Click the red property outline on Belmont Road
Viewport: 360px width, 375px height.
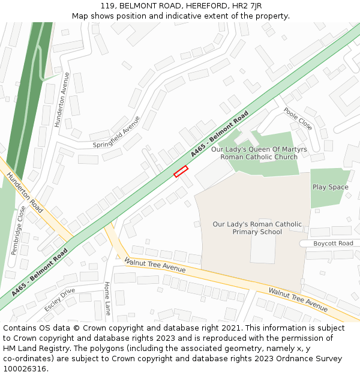tap(181, 172)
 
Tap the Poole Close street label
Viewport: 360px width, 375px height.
tap(298, 119)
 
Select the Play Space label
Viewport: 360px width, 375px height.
tap(330, 187)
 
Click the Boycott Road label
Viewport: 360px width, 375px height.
tap(334, 243)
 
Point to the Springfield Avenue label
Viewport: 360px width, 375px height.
tap(116, 132)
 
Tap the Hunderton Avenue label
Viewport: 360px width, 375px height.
tap(62, 100)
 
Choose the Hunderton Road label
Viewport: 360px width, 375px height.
tap(25, 193)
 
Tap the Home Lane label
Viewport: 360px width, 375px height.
tap(107, 298)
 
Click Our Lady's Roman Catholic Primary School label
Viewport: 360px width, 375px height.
tap(257, 228)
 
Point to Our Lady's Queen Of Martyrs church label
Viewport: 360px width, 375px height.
tap(259, 153)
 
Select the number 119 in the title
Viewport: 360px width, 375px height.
tap(109, 5)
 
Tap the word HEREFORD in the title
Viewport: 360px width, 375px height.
tap(200, 5)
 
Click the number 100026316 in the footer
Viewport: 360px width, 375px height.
tap(25, 368)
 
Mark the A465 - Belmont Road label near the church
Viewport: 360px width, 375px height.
tap(220, 134)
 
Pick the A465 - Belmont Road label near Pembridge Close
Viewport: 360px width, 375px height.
tap(40, 273)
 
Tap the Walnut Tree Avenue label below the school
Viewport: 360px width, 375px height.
tap(298, 299)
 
